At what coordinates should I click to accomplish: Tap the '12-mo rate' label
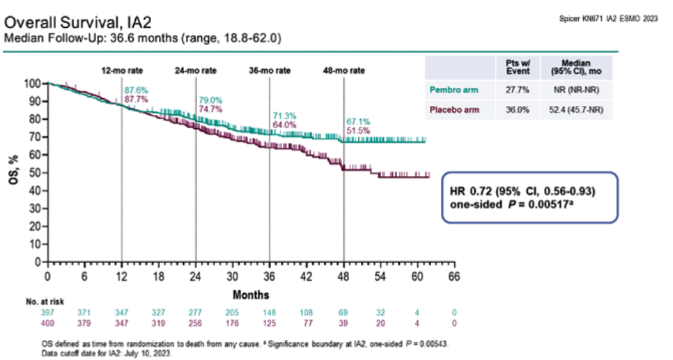[x=122, y=70]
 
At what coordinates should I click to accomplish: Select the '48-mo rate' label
[x=343, y=70]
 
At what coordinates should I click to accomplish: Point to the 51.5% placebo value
[x=358, y=131]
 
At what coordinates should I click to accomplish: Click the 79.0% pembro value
[x=210, y=100]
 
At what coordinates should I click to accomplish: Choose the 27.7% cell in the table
[x=518, y=89]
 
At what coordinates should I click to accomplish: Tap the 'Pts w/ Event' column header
[x=518, y=67]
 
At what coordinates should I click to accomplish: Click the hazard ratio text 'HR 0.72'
[x=470, y=191]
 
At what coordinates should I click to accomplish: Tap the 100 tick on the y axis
[x=33, y=84]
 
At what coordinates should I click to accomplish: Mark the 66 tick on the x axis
[x=454, y=276]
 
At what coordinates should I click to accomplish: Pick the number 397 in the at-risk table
[x=47, y=315]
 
